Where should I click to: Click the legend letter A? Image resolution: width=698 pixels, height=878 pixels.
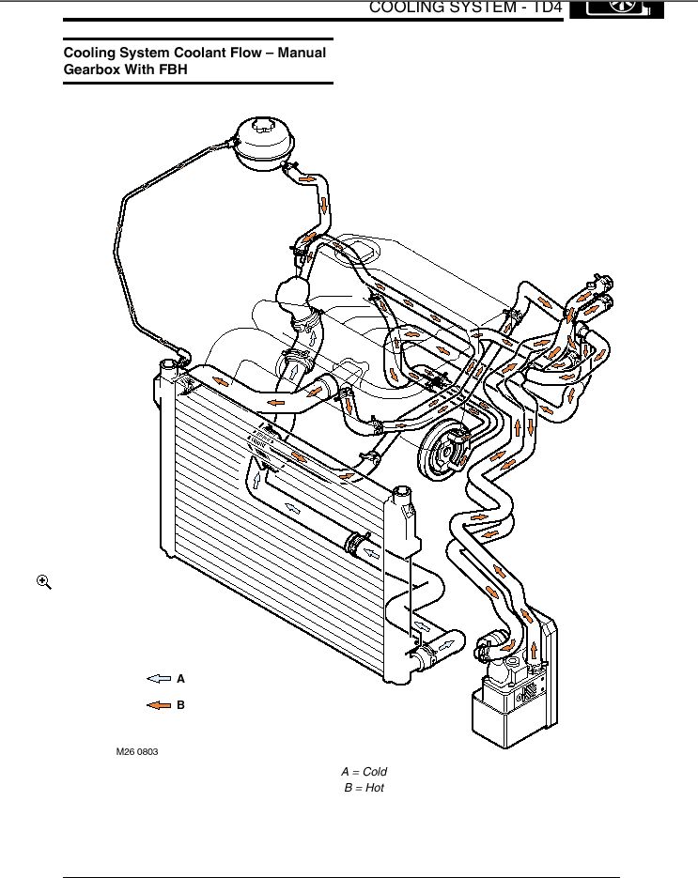tap(181, 677)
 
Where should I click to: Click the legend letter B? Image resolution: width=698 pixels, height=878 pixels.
tap(181, 704)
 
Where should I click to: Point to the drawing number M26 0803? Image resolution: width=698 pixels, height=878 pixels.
tap(137, 752)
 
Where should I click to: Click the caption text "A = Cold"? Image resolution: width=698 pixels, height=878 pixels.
tap(364, 772)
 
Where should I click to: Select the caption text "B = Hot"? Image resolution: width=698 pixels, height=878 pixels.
tap(364, 788)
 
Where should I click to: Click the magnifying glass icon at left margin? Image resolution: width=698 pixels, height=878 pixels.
tap(43, 582)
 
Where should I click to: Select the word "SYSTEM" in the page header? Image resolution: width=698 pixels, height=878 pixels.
tap(473, 8)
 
